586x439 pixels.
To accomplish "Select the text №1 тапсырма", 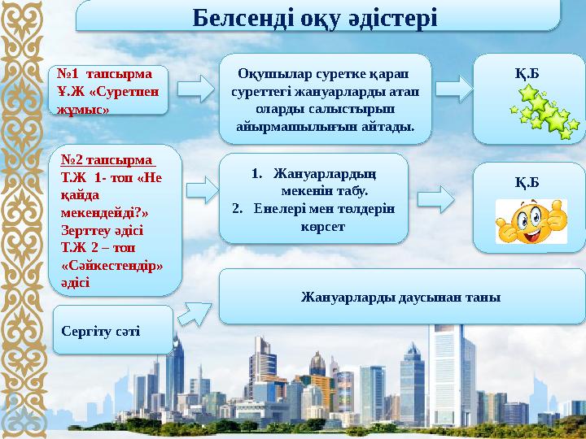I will click(98, 73).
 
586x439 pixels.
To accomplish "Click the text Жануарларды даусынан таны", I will click(400, 297).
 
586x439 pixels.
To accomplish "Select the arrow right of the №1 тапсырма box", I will click(194, 89).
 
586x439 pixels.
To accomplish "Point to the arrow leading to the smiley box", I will click(436, 198).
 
